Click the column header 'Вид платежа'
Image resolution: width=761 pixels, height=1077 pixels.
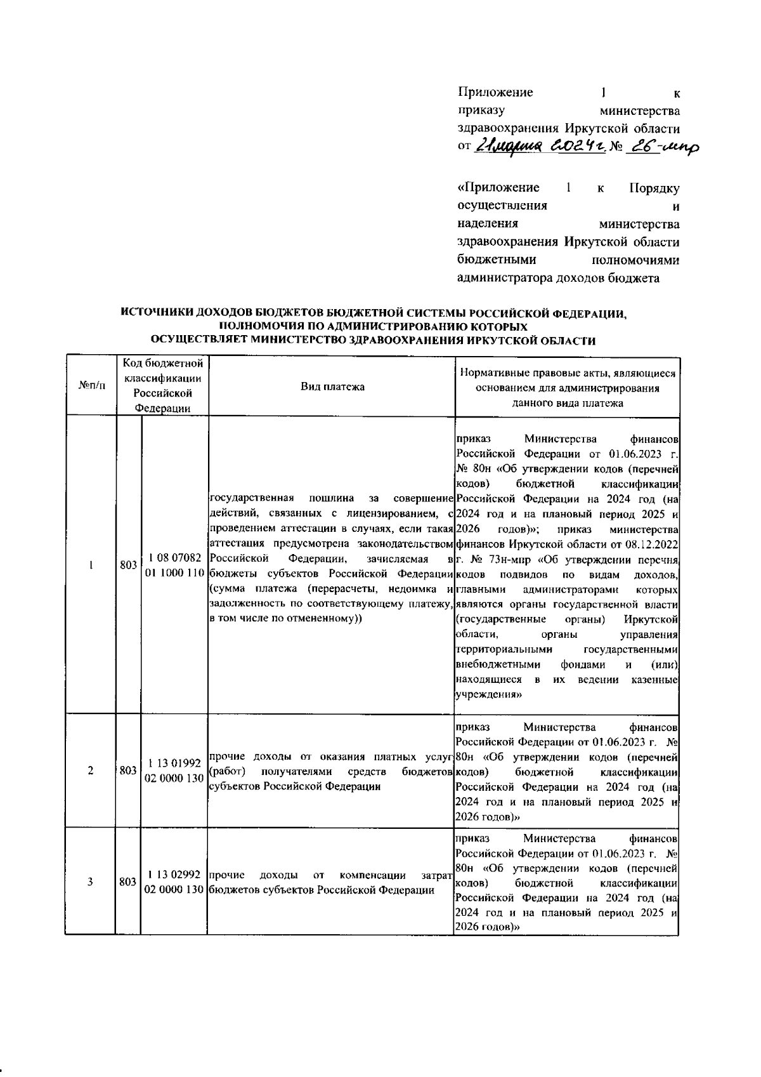tap(332, 387)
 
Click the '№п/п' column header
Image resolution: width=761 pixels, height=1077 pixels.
tap(90, 387)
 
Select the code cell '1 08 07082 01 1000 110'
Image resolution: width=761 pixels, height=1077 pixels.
tap(174, 565)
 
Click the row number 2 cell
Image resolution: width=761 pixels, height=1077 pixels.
tap(90, 770)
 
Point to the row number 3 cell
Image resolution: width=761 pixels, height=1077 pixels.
tap(90, 882)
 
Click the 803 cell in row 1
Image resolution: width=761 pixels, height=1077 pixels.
tap(128, 565)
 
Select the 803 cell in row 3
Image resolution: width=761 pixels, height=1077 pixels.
tap(128, 882)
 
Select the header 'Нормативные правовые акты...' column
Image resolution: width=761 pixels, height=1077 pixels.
tap(568, 387)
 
